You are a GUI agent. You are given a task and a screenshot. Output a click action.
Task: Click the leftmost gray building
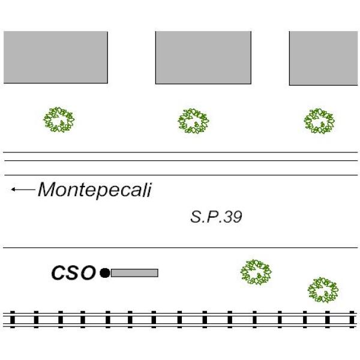(x=55, y=58)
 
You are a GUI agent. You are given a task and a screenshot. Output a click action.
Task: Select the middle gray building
(x=203, y=58)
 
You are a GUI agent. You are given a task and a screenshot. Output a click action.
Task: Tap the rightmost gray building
(x=324, y=58)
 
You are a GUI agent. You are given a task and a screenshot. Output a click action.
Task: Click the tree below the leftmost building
(x=59, y=120)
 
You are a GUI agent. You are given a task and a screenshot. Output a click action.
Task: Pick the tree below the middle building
(x=193, y=121)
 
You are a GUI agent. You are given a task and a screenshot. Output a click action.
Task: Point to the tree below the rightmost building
(x=319, y=121)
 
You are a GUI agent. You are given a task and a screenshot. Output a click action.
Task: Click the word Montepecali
(x=95, y=190)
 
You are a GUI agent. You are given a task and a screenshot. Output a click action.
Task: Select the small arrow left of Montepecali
(x=23, y=190)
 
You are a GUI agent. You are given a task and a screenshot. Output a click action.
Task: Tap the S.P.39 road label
(x=216, y=217)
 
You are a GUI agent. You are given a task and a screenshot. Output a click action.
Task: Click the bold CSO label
(x=73, y=274)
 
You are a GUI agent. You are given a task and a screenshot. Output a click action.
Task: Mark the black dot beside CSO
(x=105, y=273)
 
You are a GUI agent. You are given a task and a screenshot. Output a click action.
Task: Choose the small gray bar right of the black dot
(x=134, y=273)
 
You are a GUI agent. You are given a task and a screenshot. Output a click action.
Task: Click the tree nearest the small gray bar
(x=256, y=272)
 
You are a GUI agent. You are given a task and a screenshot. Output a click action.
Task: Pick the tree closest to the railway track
(x=323, y=290)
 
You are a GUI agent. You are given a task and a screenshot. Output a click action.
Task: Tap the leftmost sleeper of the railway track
(x=12, y=319)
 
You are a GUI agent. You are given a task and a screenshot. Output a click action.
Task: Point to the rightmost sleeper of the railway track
(x=352, y=319)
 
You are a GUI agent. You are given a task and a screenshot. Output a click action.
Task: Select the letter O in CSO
(x=88, y=274)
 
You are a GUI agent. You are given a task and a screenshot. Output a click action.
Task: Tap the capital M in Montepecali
(x=48, y=190)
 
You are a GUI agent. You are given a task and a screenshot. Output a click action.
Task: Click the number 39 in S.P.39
(x=233, y=217)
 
